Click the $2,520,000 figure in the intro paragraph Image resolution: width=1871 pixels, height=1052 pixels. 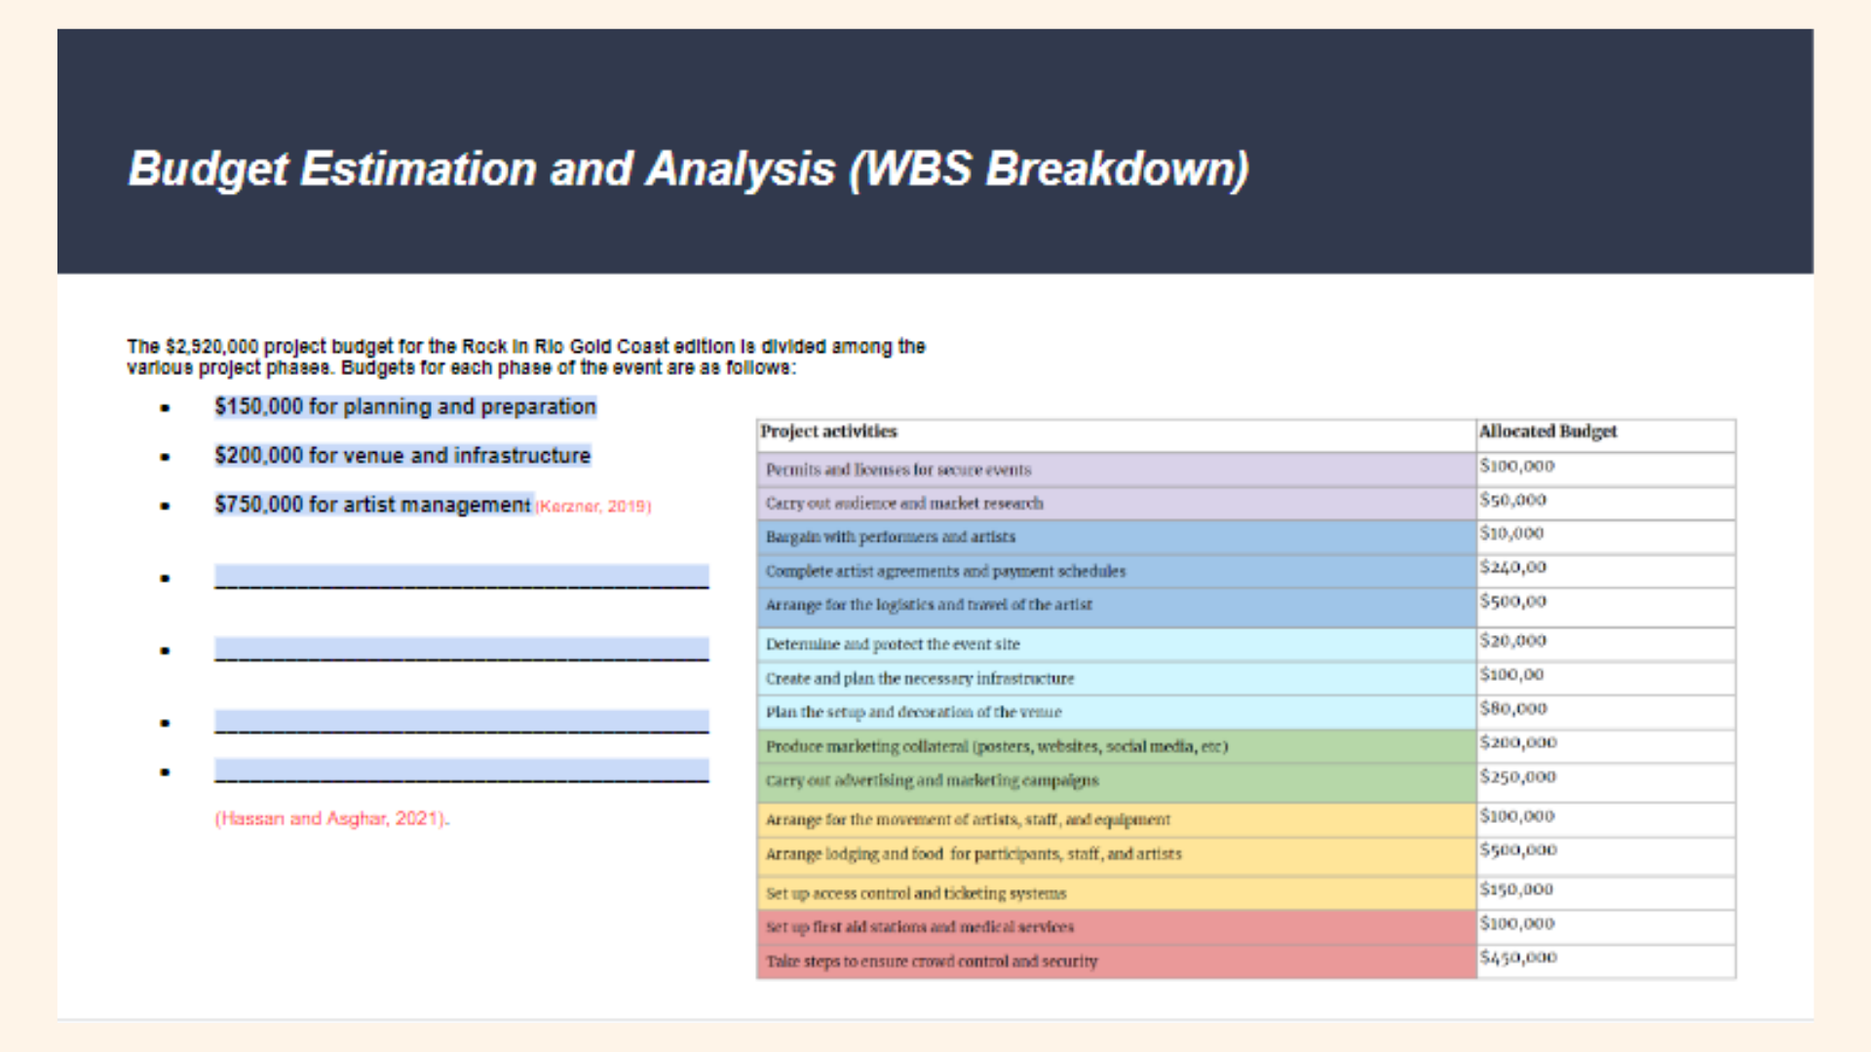[x=211, y=347]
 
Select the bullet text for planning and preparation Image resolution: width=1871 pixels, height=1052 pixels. [x=405, y=407]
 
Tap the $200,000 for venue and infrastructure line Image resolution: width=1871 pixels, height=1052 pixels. [x=402, y=456]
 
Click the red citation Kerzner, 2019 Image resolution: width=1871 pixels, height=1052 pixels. [x=593, y=507]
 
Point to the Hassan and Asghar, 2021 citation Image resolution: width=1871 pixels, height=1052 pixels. [x=331, y=819]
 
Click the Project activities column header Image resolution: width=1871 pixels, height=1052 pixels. [x=828, y=432]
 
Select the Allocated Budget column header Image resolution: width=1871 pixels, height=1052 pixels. [x=1547, y=432]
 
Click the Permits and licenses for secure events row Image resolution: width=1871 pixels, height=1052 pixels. [x=897, y=470]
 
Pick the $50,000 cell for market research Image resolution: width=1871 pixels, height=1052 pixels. [x=1513, y=501]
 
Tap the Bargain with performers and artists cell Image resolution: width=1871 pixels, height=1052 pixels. [x=890, y=538]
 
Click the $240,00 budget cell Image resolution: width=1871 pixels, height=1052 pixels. [x=1513, y=568]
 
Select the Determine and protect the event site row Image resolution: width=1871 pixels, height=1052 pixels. [x=893, y=645]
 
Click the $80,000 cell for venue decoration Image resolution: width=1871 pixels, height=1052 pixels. [x=1513, y=709]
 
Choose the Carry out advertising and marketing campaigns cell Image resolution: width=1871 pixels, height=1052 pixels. [x=932, y=781]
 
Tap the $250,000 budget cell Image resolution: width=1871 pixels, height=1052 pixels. [x=1517, y=777]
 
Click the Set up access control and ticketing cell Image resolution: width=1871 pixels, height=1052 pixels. [x=916, y=894]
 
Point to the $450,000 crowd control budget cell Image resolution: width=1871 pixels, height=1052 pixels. [x=1517, y=958]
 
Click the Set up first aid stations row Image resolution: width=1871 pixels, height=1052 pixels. [x=919, y=927]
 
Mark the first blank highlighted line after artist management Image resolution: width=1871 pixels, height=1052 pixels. [x=461, y=577]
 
